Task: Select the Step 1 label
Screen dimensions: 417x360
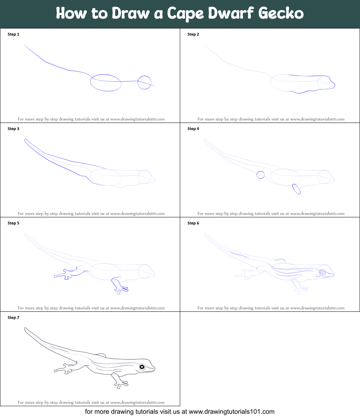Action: point(13,34)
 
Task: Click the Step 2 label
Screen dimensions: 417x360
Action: point(193,34)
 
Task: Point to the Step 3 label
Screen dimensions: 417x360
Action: point(13,129)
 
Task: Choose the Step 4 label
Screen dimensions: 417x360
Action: point(193,129)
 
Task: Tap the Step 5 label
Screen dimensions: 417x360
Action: point(13,223)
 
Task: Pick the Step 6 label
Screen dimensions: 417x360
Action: point(193,223)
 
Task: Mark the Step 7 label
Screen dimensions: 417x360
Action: point(13,318)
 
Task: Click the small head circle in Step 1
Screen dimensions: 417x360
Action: point(145,83)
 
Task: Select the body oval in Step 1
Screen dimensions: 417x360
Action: point(106,83)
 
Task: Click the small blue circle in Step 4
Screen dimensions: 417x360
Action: point(261,175)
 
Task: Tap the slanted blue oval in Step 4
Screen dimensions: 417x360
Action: point(297,189)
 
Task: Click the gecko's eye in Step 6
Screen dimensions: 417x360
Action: point(321,272)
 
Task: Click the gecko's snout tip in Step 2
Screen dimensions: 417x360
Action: point(335,85)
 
